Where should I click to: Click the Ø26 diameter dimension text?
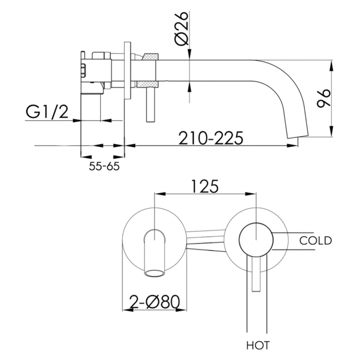[181, 28]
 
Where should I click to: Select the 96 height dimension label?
[323, 98]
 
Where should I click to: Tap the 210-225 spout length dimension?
[210, 138]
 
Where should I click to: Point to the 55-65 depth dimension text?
[104, 166]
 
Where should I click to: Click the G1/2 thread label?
[47, 112]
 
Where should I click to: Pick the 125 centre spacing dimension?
[204, 187]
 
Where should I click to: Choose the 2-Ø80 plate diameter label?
[155, 302]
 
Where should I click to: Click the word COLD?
[316, 240]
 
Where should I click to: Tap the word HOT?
[258, 345]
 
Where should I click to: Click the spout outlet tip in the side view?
[299, 137]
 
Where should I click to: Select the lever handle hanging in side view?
[150, 105]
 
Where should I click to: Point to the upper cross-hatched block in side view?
[151, 56]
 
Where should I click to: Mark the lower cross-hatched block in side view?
[147, 84]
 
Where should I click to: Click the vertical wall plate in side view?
[127, 71]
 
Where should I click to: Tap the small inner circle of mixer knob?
[256, 240]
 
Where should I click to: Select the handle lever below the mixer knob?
[256, 273]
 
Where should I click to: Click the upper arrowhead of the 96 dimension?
[331, 66]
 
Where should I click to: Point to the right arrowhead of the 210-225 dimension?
[292, 145]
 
